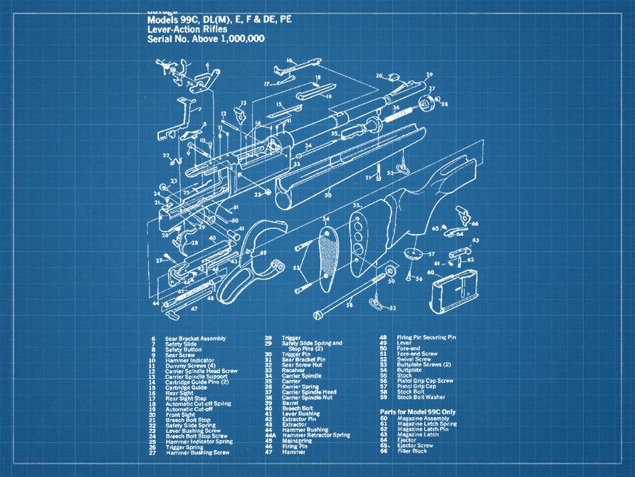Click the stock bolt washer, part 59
point(390,272)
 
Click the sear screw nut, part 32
point(267,193)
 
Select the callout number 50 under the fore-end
point(328,195)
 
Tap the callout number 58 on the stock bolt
point(350,305)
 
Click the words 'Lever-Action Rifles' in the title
point(187,30)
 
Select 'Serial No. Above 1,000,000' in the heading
point(206,39)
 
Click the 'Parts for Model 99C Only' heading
point(420,412)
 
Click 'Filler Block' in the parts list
point(412,451)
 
